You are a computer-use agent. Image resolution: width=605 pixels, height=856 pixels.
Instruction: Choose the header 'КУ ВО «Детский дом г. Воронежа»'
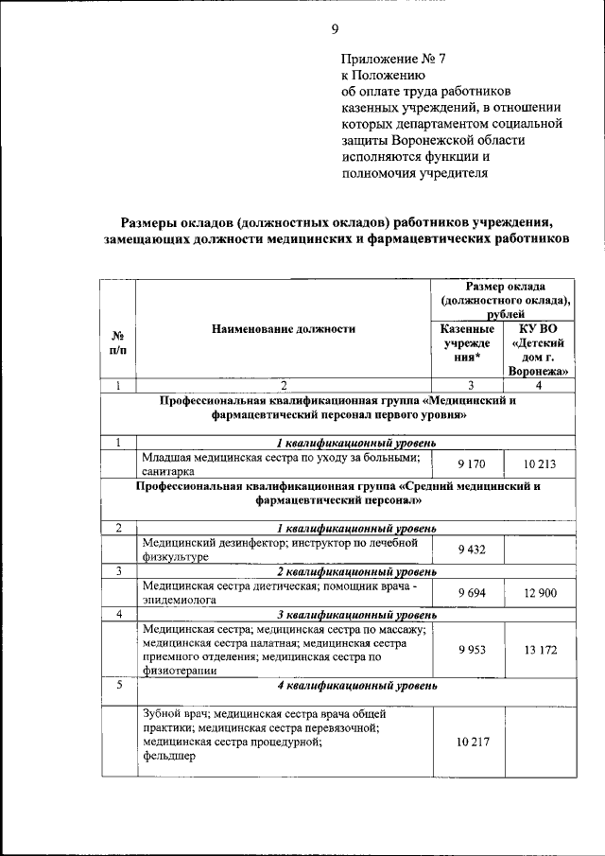538,349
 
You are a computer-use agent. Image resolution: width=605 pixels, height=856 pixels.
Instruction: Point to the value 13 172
538,649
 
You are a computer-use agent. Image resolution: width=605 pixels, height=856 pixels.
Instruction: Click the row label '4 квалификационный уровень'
355,684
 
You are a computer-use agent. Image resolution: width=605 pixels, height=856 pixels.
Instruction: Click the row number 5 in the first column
119,684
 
